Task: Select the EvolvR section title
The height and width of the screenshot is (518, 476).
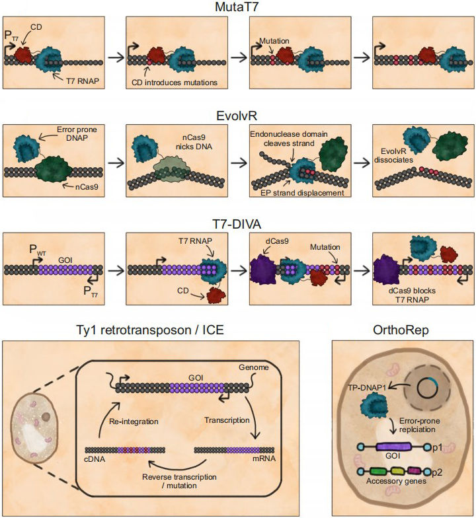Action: coord(238,114)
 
